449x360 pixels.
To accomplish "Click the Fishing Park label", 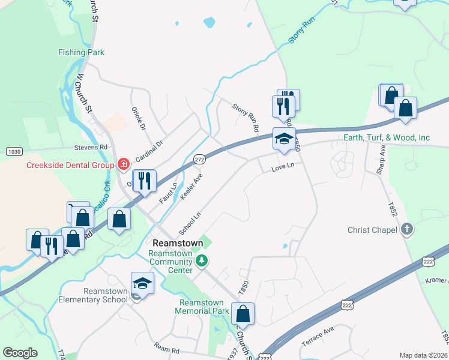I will tap(81, 53).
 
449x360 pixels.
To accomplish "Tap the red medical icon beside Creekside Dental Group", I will tap(124, 164).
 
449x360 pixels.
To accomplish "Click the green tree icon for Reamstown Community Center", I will tap(202, 260).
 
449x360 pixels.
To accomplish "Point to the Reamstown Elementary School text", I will tap(98, 295).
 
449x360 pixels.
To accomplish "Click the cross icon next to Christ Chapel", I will tap(406, 229).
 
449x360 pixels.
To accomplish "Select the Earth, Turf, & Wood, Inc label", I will tap(386, 138).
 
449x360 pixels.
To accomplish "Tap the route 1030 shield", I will tap(14, 151).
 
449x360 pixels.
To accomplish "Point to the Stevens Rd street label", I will tap(90, 146).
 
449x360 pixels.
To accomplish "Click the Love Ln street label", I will tap(283, 166).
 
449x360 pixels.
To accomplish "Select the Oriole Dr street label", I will tap(138, 118).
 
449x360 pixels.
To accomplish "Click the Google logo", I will tap(20, 353).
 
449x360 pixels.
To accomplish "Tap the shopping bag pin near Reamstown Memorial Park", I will tap(243, 314).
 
